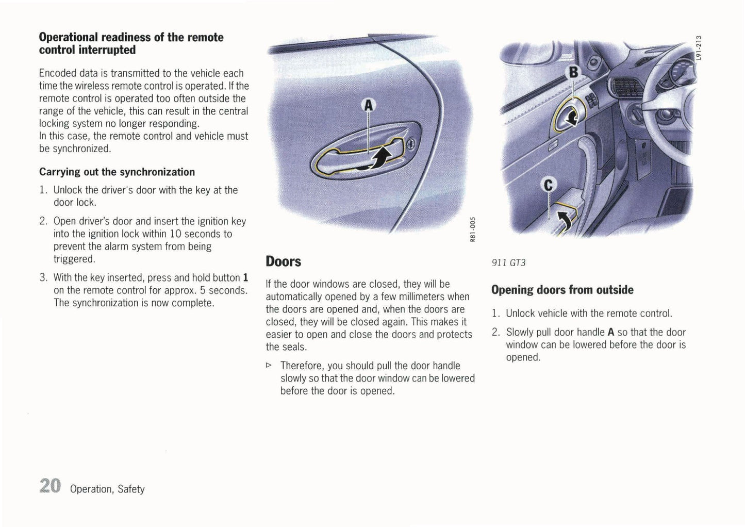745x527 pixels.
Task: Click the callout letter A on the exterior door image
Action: point(368,106)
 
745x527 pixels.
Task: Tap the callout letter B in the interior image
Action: point(573,72)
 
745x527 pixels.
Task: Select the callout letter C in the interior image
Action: point(549,185)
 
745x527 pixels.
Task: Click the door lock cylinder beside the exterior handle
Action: point(410,145)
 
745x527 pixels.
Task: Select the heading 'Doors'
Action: point(283,261)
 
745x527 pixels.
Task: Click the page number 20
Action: point(49,486)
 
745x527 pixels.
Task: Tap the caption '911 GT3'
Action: point(508,262)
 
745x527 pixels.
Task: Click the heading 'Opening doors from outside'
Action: point(562,290)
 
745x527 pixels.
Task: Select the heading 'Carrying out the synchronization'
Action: point(117,172)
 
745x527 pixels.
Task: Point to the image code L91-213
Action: point(699,47)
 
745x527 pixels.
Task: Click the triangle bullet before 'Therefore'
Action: point(268,366)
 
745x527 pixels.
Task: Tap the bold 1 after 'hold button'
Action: point(245,278)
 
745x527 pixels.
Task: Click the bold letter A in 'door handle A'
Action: point(611,333)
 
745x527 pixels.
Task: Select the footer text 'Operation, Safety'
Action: point(107,489)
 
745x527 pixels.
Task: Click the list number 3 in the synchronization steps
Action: point(43,278)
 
